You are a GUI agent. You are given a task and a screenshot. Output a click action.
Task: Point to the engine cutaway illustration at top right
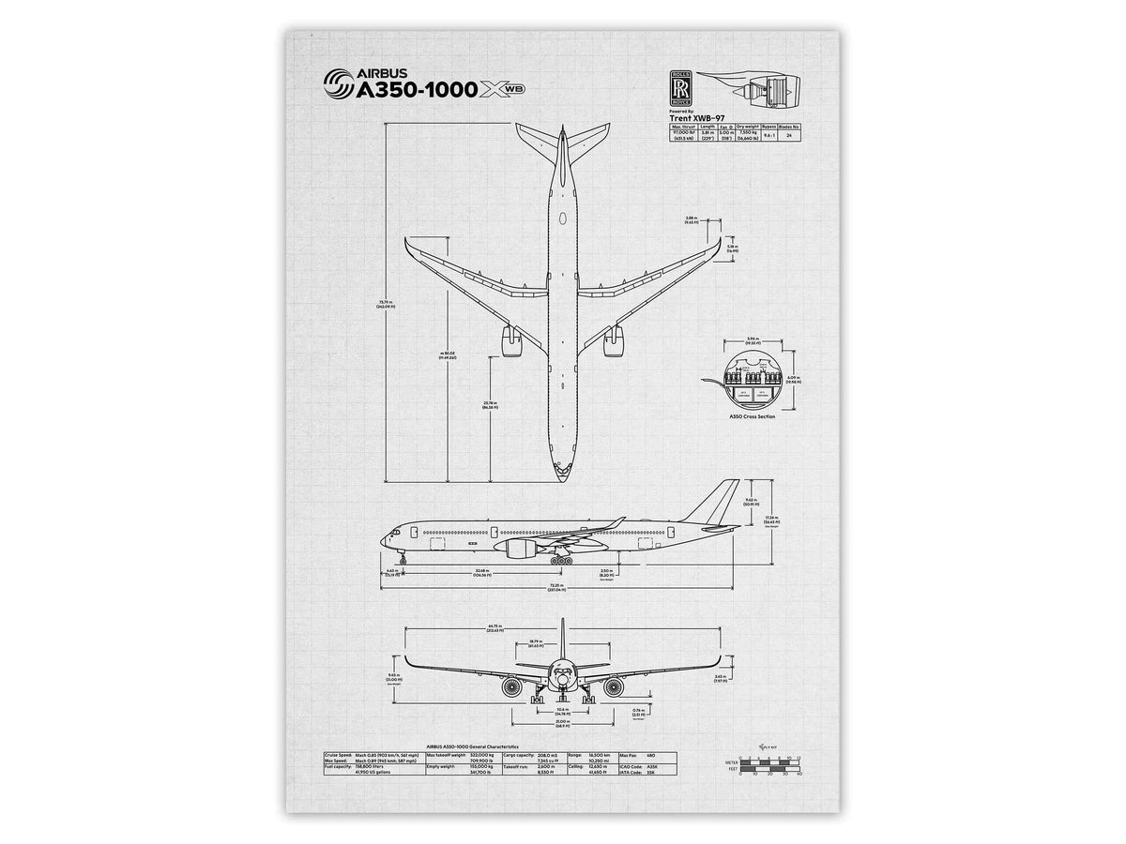759,89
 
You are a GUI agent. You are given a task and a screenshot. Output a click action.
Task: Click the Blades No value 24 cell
789,136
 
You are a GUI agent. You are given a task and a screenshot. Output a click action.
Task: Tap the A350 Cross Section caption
752,415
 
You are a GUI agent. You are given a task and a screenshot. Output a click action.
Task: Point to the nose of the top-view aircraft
561,473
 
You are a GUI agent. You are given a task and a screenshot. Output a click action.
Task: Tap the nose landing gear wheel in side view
404,560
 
